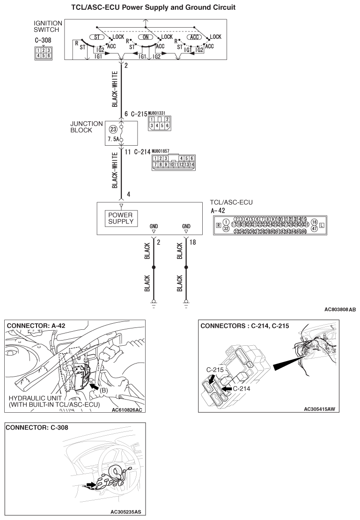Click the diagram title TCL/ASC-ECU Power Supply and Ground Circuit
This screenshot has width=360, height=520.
click(x=153, y=7)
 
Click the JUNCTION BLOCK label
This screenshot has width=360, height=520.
click(x=87, y=127)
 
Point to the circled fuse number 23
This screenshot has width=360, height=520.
click(x=112, y=129)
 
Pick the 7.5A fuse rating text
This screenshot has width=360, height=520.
click(x=113, y=140)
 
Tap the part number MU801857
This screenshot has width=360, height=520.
click(x=160, y=151)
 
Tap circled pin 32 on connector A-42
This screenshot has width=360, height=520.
click(x=226, y=229)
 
